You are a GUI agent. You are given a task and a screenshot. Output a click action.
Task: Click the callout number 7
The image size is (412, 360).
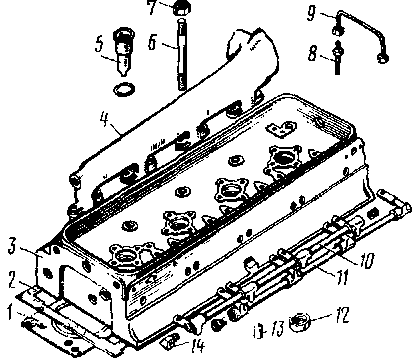(152, 7)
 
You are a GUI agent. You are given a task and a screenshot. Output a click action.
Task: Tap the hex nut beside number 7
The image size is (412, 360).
(182, 7)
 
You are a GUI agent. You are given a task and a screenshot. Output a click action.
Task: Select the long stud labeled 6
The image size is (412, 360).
(181, 54)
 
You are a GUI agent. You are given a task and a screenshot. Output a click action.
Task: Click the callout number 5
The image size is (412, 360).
(99, 45)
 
